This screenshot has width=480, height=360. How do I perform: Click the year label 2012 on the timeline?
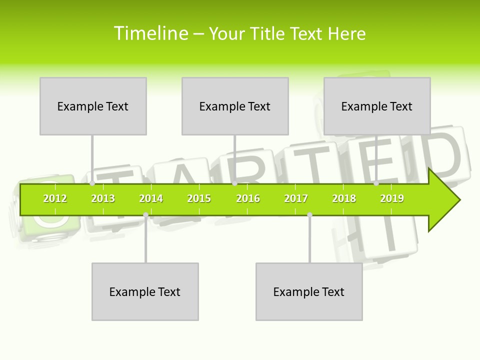55,199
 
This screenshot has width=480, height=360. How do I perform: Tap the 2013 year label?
103,199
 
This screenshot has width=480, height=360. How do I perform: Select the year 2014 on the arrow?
151,199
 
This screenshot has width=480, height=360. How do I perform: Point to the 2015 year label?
199,199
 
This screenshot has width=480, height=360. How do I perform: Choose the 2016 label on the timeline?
248,199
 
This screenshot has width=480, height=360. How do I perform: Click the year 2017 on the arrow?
296,199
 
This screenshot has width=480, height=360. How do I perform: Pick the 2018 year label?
344,199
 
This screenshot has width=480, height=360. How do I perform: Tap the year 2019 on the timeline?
392,199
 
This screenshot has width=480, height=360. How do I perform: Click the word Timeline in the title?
150,33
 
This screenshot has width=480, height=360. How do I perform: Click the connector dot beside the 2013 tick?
92,183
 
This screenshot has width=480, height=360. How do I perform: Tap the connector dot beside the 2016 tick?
234,183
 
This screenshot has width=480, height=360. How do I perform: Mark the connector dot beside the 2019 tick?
376,183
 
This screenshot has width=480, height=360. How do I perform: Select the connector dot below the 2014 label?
145,215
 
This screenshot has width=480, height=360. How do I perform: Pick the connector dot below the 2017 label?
309,215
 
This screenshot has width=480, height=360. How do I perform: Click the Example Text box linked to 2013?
93,106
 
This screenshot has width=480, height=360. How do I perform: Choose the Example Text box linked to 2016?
235,106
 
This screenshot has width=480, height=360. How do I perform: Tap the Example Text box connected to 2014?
145,291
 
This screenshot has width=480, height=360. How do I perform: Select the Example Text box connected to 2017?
309,291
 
